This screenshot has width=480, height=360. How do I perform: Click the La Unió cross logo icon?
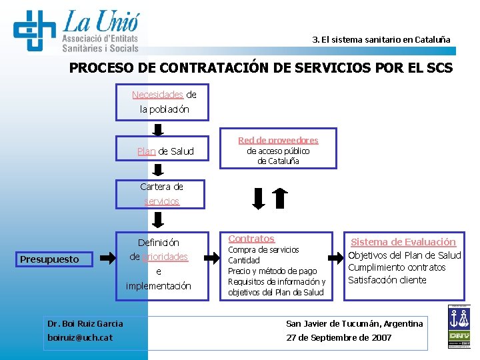click(x=35, y=30)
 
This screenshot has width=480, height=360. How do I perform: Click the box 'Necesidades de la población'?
click(x=162, y=102)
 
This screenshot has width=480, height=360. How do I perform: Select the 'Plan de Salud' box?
click(x=162, y=151)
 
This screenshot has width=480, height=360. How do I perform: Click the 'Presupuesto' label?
click(x=49, y=259)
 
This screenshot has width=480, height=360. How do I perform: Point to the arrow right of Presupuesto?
click(x=106, y=257)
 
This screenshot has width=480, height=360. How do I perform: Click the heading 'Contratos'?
click(x=251, y=239)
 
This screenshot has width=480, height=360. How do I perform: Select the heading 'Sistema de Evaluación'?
click(x=403, y=242)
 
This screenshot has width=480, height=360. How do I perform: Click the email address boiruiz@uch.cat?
click(x=80, y=337)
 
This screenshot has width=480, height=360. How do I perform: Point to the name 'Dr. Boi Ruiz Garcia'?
click(x=85, y=323)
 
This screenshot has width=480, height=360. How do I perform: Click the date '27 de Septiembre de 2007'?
click(x=339, y=337)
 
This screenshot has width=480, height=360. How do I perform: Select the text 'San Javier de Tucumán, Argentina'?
click(x=354, y=323)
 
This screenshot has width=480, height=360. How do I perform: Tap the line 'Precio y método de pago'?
click(x=273, y=271)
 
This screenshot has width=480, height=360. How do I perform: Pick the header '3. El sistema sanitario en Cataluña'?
click(x=381, y=39)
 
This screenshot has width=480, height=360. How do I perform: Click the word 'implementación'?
click(x=158, y=286)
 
